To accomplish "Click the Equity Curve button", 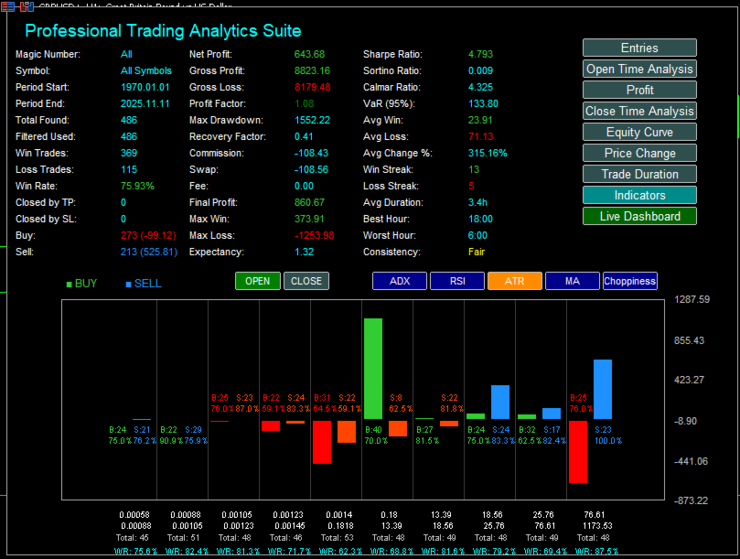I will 639,132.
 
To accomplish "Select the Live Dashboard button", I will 639,216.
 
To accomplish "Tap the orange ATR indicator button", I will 514,281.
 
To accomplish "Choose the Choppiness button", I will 629,281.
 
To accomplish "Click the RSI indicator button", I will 456,281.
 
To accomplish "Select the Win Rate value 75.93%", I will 137,186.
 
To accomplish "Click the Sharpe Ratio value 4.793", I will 480,54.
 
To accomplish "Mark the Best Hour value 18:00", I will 481,219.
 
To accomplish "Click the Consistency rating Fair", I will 477,252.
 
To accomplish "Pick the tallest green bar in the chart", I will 372,369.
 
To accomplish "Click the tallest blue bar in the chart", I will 603,389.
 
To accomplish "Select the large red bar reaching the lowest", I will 577,451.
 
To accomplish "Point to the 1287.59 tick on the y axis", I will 692,300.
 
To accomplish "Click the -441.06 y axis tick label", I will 692,461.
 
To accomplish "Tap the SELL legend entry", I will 146,284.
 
